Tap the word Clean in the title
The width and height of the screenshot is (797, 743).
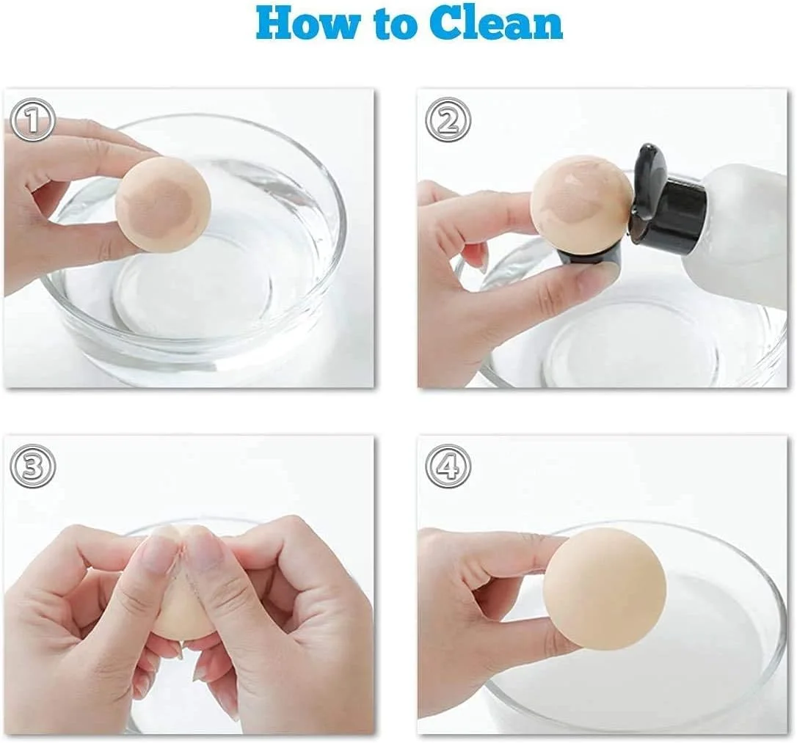tap(495, 24)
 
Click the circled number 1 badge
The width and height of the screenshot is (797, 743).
tap(33, 120)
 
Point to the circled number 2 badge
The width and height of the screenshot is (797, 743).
tap(448, 120)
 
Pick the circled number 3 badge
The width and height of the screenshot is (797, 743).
tap(32, 466)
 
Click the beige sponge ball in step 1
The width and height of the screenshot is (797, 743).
tap(163, 203)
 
